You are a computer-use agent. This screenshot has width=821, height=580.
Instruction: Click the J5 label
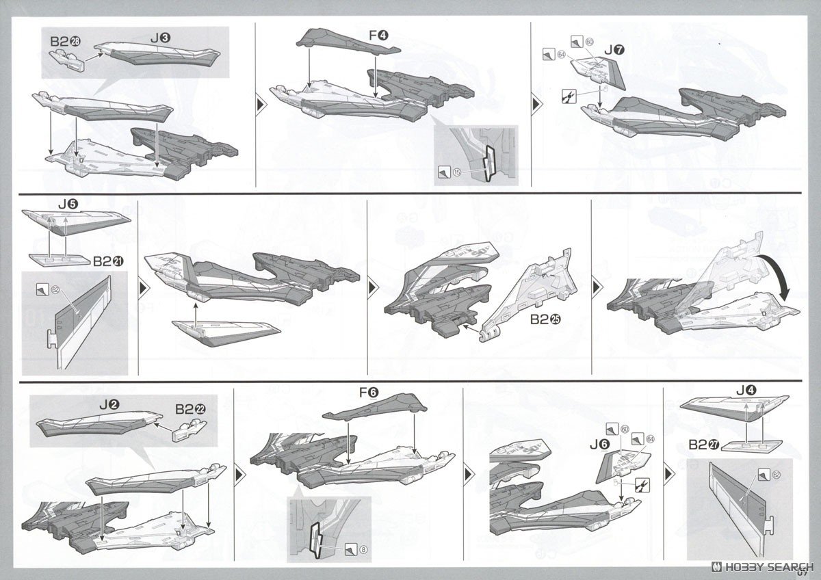(68, 203)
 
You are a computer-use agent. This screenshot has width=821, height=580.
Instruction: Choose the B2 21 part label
(108, 261)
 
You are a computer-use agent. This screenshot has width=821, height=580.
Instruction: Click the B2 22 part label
(189, 408)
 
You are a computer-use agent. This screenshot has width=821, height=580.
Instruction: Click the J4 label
(745, 391)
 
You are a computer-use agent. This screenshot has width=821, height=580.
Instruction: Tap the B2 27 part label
(701, 445)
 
